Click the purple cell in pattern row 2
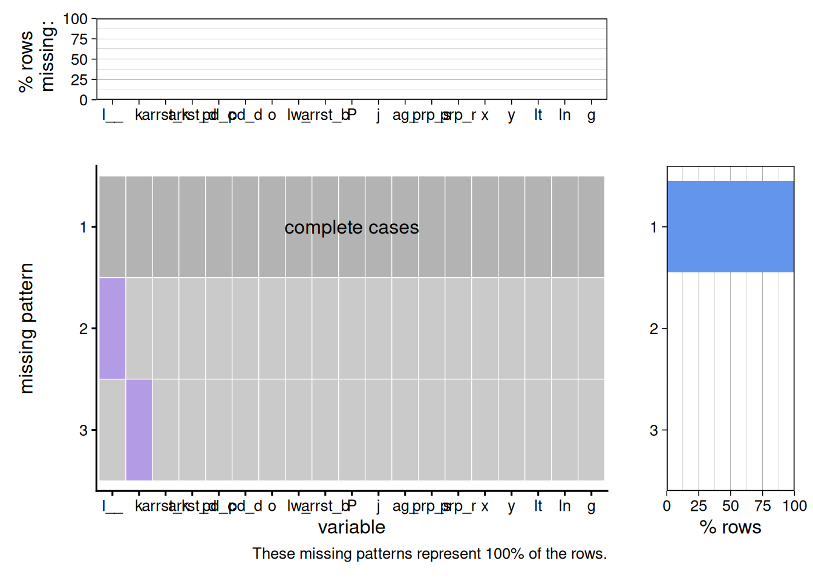[x=113, y=328]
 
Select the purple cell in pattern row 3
[x=139, y=430]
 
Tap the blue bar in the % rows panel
[x=730, y=226]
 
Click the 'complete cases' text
[x=351, y=228]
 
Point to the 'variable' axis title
[x=351, y=527]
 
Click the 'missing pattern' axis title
[x=27, y=328]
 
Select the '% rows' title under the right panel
[x=730, y=527]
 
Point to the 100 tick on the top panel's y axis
[x=75, y=19]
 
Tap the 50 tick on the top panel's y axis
[x=79, y=59]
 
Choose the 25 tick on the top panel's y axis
[x=79, y=79]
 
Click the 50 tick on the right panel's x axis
[x=730, y=506]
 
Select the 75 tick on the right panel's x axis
[x=762, y=506]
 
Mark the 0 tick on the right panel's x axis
[x=667, y=506]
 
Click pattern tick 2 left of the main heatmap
[x=83, y=329]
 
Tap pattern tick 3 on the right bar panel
[x=653, y=430]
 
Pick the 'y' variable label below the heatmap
[x=512, y=506]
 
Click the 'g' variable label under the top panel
[x=591, y=115]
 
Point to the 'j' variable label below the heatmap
[x=378, y=506]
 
